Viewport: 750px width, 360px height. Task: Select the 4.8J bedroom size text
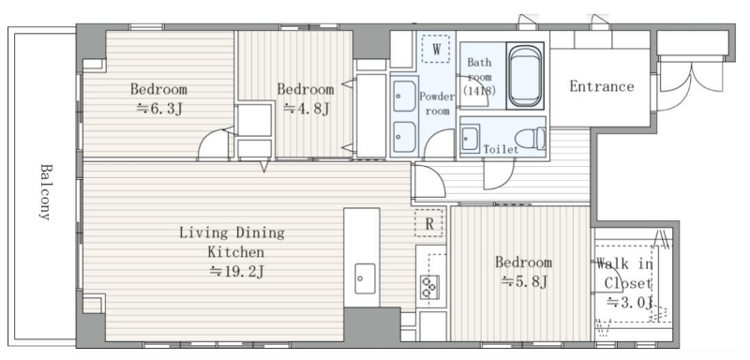[x=307, y=109]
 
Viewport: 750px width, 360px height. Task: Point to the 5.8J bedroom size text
[x=524, y=282]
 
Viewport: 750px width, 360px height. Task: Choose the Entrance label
[x=602, y=86]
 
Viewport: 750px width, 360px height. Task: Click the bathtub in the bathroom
[x=525, y=77]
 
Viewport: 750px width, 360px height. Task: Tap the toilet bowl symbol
[x=532, y=139]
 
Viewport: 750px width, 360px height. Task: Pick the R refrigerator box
[x=428, y=223]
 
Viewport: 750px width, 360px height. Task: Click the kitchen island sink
[x=365, y=278]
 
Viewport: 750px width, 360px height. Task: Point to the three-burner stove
[x=429, y=287]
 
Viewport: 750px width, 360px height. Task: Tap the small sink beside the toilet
[x=471, y=139]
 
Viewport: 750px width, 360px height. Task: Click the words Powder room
[x=437, y=104]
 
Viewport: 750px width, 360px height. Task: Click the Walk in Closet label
[x=625, y=274]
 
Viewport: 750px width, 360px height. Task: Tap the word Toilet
[x=501, y=150]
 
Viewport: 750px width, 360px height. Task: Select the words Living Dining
[x=232, y=232]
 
